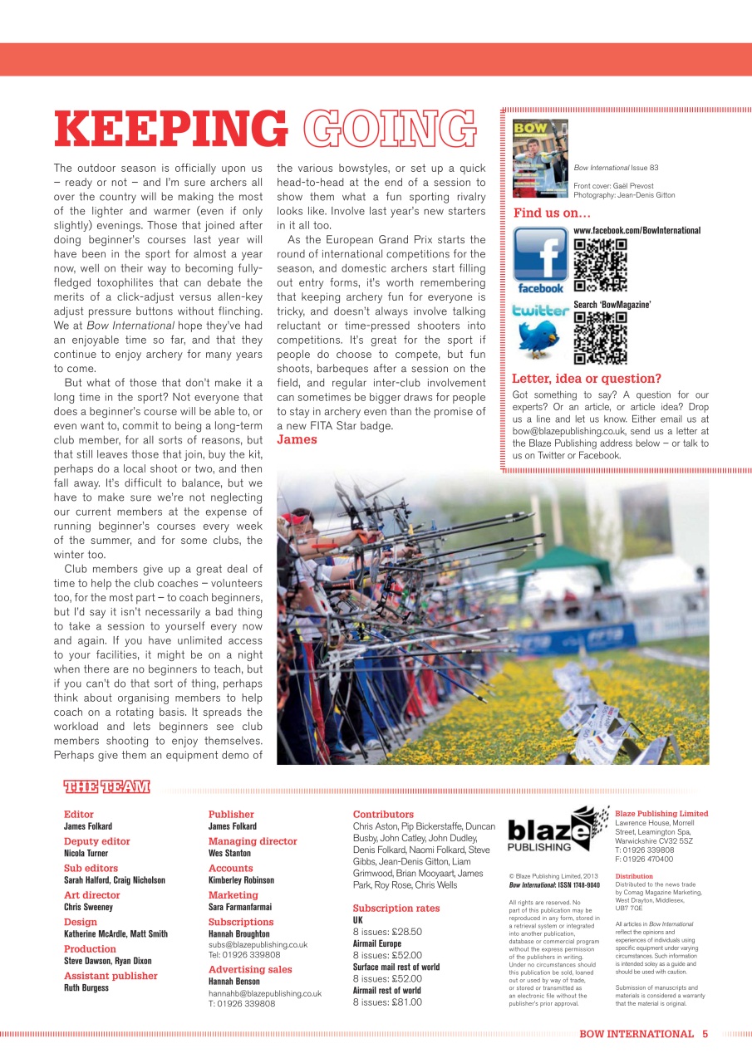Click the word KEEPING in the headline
click(x=170, y=130)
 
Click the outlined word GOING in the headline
click(x=384, y=130)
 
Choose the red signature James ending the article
click(x=297, y=439)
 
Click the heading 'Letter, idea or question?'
click(x=587, y=380)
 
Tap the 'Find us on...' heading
click(x=552, y=213)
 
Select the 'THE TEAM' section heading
click(x=106, y=786)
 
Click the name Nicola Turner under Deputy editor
click(x=86, y=853)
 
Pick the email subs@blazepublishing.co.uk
click(x=258, y=944)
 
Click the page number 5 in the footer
click(x=705, y=1034)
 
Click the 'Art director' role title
click(x=91, y=895)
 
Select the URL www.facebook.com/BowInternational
click(x=636, y=230)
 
